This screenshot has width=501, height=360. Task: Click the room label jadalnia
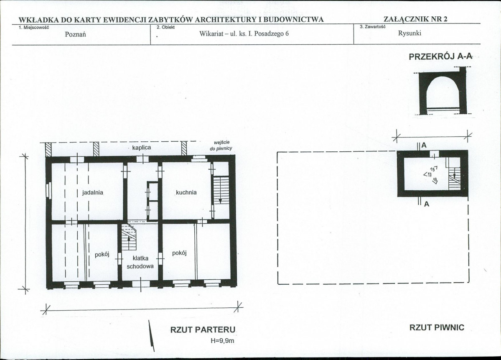click(93, 192)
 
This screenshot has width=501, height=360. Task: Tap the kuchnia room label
click(186, 192)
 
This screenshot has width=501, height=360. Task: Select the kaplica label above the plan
click(142, 148)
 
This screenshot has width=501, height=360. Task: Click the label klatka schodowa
click(140, 262)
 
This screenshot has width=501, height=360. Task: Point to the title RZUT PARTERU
click(203, 329)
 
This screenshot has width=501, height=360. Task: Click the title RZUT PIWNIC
click(437, 327)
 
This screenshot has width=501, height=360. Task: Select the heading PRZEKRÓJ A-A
click(440, 56)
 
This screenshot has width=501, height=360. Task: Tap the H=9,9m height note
click(222, 341)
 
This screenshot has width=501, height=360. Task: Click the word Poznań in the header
click(75, 35)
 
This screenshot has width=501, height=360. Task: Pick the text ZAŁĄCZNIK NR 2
click(415, 18)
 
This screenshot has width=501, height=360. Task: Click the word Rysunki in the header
click(409, 33)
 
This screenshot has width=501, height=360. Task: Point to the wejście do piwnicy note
click(221, 146)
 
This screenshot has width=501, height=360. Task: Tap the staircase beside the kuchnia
click(221, 190)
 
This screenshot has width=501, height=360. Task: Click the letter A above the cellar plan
click(424, 145)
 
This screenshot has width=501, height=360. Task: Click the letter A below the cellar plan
click(427, 204)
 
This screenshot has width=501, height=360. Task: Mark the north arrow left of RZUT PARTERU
click(151, 336)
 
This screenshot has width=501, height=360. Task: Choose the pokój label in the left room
click(102, 255)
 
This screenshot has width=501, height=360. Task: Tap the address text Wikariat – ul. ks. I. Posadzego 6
click(244, 33)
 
